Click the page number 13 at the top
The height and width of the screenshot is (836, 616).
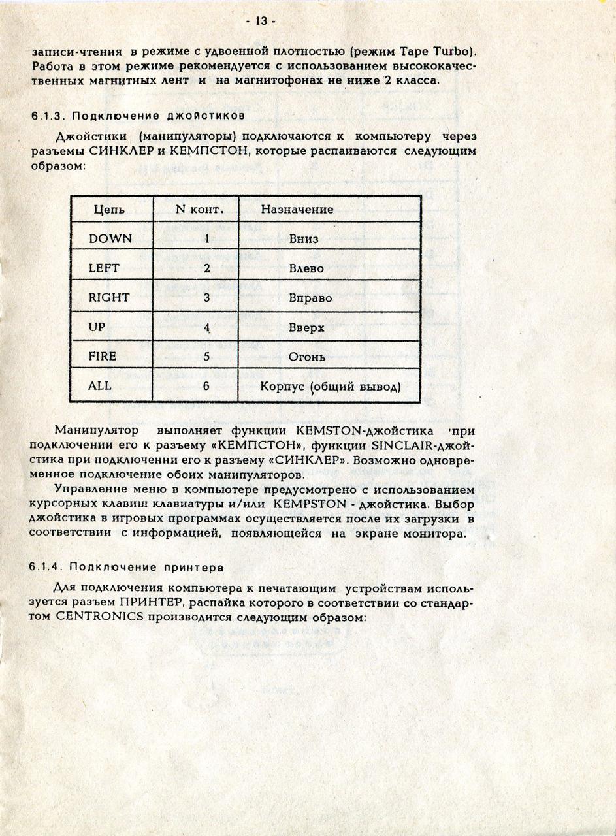pos(261,22)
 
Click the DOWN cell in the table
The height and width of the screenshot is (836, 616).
pos(110,238)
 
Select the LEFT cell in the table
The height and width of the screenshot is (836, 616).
pos(104,268)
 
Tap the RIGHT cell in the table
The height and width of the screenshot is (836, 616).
pos(109,297)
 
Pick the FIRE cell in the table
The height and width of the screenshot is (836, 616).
pos(103,356)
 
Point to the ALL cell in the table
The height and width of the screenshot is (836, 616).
pos(100,385)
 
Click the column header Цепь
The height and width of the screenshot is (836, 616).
pos(109,210)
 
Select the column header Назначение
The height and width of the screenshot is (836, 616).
pos(297,210)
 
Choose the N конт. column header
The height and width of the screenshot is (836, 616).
pos(201,210)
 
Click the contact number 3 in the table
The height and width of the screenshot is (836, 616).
pos(206,298)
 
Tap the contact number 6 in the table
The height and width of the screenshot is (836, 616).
pos(206,386)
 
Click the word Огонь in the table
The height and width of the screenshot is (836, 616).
pos(307,357)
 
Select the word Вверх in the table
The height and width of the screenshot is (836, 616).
pos(306,327)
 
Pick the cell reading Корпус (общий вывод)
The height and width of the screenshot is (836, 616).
pos(330,387)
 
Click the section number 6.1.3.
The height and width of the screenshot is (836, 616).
pos(48,116)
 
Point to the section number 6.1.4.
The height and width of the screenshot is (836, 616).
pos(48,566)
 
